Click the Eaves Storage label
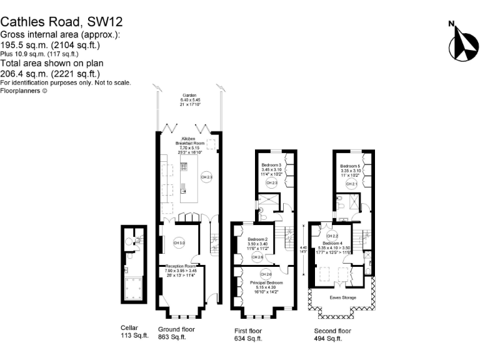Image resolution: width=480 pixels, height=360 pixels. (x=343, y=297)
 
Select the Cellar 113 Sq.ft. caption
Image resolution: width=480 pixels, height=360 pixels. (x=134, y=332)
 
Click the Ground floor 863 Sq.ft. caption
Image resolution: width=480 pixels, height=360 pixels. (x=176, y=333)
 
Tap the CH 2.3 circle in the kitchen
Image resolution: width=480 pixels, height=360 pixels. (x=207, y=177)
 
